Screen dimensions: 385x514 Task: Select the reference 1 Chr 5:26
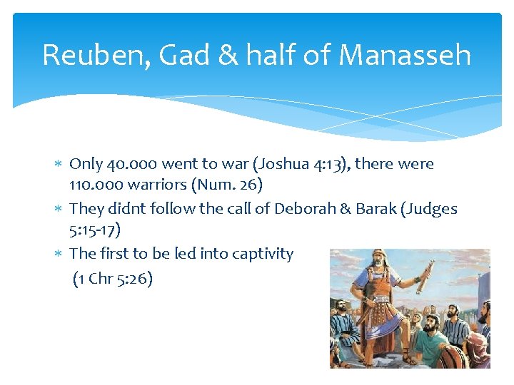[113, 279]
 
